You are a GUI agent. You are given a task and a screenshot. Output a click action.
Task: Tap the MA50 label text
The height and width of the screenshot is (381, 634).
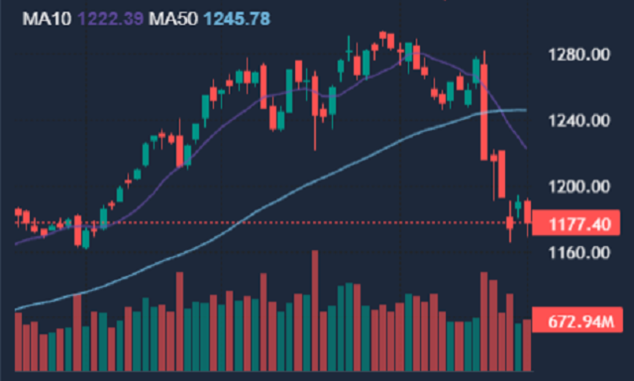pos(174,19)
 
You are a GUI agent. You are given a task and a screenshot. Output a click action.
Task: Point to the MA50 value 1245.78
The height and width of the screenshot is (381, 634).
pos(237,19)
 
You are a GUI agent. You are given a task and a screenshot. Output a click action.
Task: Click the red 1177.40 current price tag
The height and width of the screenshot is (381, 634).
pos(576,226)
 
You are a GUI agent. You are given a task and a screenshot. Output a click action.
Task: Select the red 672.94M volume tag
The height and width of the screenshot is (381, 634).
pos(576,322)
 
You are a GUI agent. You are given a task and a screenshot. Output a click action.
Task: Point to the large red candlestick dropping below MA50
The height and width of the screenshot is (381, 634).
pos(484,111)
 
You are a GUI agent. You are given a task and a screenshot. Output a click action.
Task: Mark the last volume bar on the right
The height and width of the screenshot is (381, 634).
pos(528,345)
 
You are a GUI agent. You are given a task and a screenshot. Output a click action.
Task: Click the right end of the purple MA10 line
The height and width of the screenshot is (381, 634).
pos(526,148)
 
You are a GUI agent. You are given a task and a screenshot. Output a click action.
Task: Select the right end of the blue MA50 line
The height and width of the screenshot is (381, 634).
pos(525,110)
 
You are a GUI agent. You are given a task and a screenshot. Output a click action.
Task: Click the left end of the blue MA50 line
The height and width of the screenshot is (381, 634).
pos(16,310)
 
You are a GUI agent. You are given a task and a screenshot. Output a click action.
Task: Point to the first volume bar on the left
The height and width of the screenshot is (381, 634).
pos(18,342)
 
